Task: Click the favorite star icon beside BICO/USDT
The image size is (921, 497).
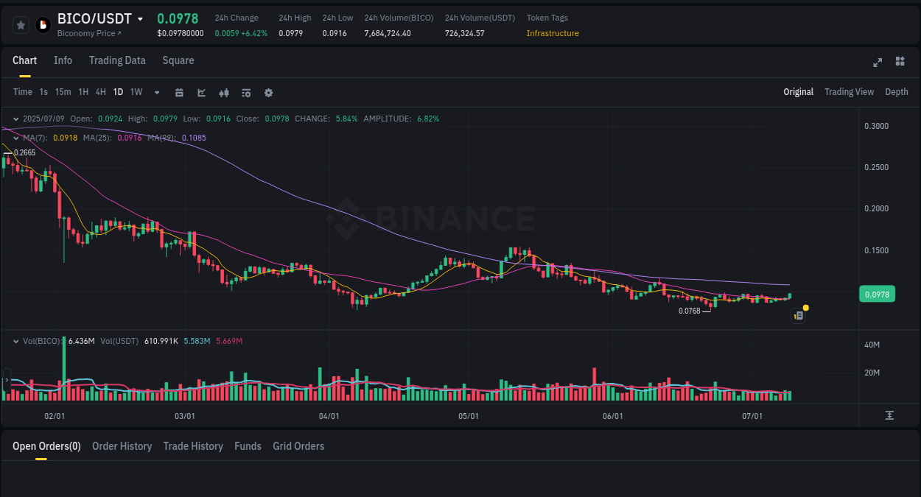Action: pos(21,25)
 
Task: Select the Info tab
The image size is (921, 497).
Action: pos(63,60)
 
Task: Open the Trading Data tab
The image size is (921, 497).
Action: pos(117,60)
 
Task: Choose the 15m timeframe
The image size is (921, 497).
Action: pos(63,92)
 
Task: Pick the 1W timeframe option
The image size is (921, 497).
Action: pos(136,92)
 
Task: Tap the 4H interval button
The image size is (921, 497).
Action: pos(101,92)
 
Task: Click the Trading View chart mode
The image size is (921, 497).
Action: pos(849,92)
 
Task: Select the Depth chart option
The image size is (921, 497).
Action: pos(897,92)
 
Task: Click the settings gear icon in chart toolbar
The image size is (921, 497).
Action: pos(268,93)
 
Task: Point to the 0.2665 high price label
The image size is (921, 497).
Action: pos(24,152)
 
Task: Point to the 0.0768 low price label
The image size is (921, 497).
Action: pos(689,311)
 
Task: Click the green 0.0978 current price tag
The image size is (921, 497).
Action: pos(877,295)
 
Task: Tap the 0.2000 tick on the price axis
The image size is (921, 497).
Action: pos(876,209)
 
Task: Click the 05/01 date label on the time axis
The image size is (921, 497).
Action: pos(469,416)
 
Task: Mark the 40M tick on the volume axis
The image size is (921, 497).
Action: pos(873,345)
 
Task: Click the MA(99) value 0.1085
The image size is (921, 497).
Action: pos(194,138)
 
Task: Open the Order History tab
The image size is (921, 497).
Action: pos(122,446)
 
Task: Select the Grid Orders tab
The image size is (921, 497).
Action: pos(298,446)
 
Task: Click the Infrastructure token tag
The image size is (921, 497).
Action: pos(553,33)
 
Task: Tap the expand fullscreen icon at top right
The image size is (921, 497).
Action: pos(878,62)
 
